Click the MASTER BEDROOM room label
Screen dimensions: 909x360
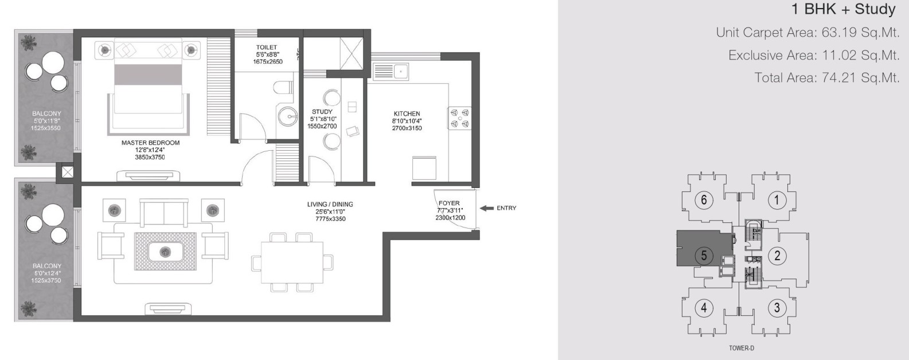click(150, 143)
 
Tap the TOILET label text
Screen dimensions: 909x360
click(267, 48)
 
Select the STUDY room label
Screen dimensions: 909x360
click(322, 112)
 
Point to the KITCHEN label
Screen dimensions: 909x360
click(407, 114)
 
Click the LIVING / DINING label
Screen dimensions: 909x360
click(330, 204)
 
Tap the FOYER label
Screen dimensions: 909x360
click(449, 203)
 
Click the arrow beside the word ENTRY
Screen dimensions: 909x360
click(486, 208)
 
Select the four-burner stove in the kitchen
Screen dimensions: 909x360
click(460, 118)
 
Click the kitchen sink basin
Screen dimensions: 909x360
click(401, 72)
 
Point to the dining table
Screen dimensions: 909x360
click(292, 263)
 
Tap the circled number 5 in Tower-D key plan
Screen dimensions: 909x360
click(704, 256)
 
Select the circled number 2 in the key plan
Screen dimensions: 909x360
click(777, 256)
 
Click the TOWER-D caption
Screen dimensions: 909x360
click(742, 348)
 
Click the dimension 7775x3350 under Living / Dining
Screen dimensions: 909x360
click(330, 219)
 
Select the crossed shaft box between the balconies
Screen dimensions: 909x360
click(67, 172)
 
